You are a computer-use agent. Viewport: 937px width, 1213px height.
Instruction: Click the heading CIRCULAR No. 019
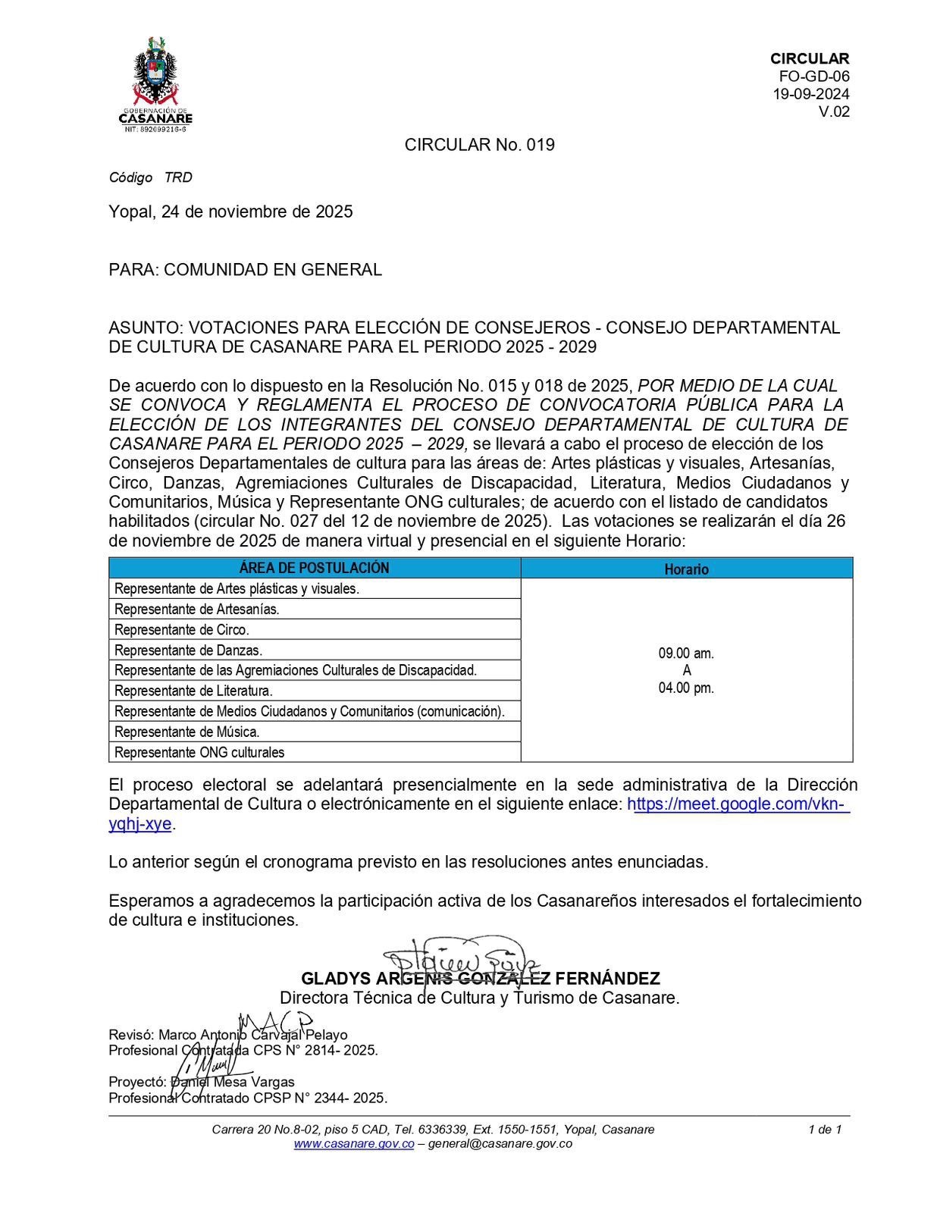click(x=479, y=145)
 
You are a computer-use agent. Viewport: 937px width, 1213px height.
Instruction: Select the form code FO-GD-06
click(x=814, y=77)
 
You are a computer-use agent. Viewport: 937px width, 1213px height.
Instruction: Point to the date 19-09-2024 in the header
click(x=810, y=94)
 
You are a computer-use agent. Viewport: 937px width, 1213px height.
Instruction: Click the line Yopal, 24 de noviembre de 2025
click(x=230, y=212)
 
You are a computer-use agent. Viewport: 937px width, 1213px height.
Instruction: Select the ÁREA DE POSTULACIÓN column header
click(x=314, y=568)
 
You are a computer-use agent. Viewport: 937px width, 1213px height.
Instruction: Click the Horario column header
click(x=686, y=569)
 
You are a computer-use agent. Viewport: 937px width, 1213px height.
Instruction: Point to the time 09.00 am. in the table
click(x=686, y=653)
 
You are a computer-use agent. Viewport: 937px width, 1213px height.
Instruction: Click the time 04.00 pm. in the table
click(x=686, y=688)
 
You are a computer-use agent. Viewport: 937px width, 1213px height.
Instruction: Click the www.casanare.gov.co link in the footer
click(x=353, y=1143)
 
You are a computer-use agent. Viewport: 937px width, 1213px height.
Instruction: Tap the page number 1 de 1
click(x=825, y=1129)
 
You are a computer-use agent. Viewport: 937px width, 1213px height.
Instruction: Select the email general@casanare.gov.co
click(x=500, y=1143)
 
